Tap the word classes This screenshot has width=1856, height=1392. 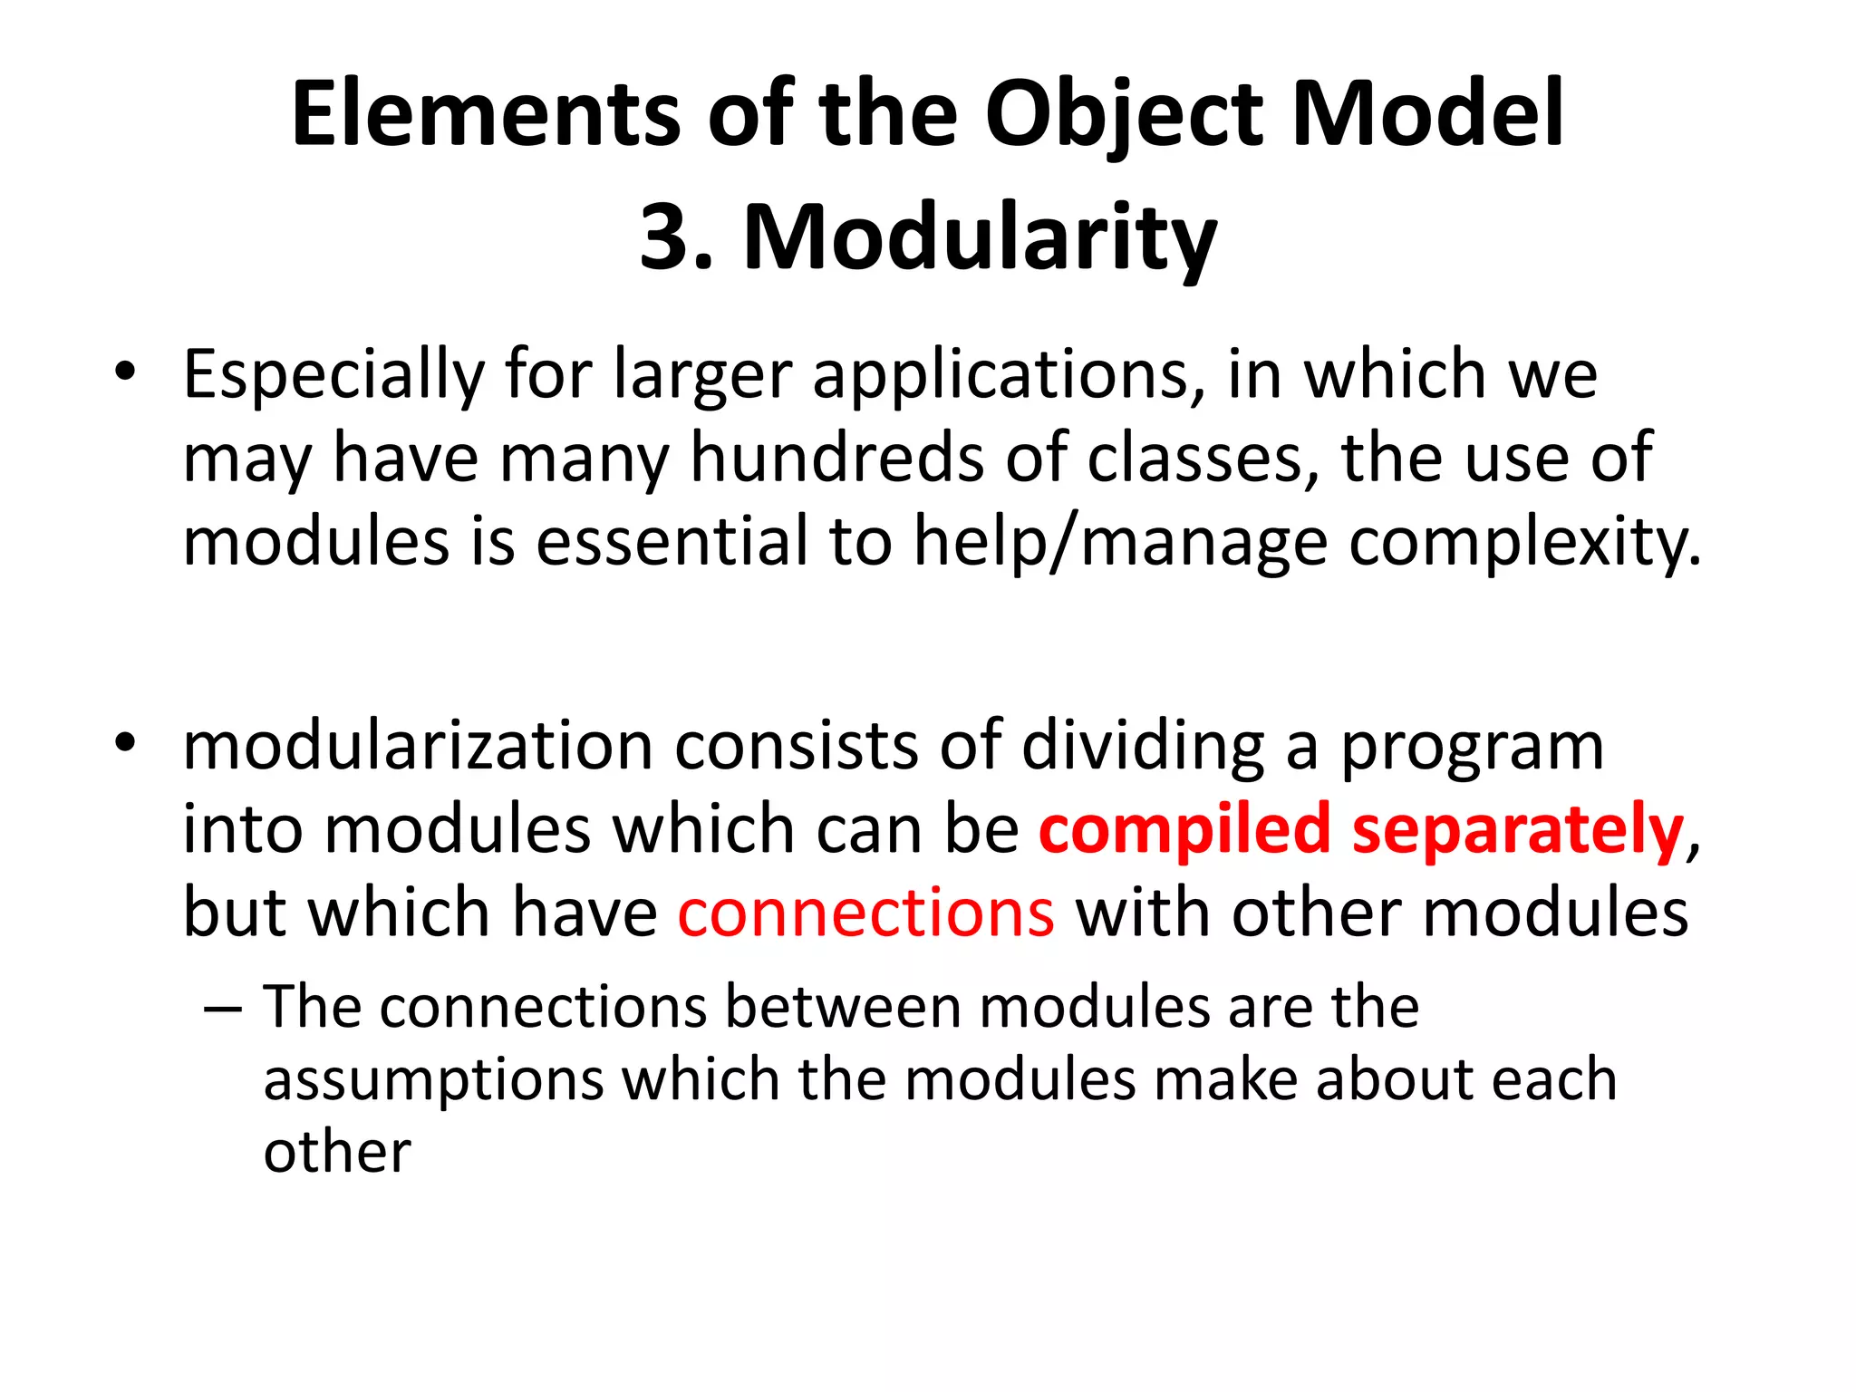(x=1202, y=458)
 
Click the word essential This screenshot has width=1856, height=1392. (x=671, y=541)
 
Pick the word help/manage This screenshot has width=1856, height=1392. (x=1120, y=541)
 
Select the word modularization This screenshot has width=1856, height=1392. (x=417, y=746)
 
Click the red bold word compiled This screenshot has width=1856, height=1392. (x=1184, y=830)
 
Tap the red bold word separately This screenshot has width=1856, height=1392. (x=1518, y=830)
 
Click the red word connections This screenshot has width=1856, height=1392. (x=865, y=913)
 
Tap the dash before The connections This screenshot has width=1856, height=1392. (x=223, y=1009)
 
